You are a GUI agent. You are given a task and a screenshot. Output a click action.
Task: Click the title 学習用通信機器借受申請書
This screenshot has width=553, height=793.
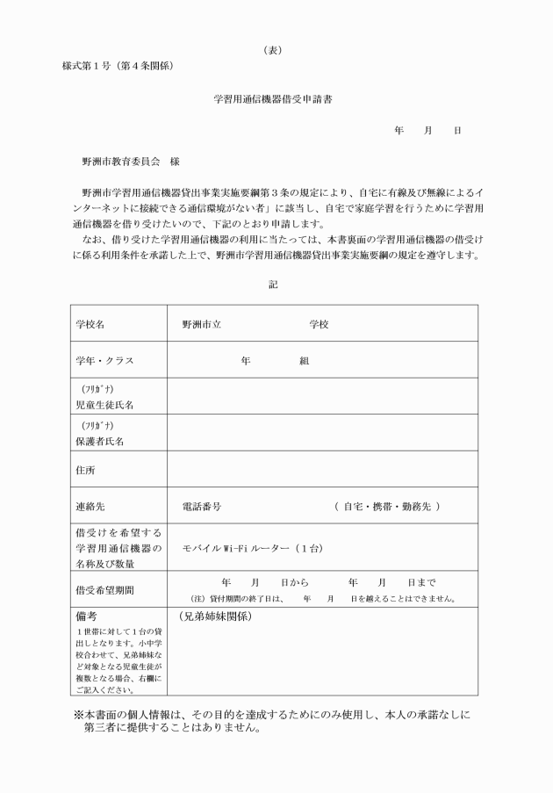tap(273, 98)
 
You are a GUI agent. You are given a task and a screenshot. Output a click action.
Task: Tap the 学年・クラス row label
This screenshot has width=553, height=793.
tap(104, 361)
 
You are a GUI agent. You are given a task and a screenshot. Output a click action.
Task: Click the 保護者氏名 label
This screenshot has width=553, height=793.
tap(99, 442)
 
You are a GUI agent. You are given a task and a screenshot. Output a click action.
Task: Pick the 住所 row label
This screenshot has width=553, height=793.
tap(85, 471)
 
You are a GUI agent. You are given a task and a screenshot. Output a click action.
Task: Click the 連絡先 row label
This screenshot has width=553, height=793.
tap(90, 507)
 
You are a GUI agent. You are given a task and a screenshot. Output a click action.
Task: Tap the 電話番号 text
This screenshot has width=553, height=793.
tap(201, 507)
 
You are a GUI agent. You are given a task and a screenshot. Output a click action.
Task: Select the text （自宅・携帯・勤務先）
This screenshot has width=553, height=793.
tap(387, 507)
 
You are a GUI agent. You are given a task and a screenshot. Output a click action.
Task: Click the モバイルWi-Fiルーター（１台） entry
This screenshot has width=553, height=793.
tap(253, 548)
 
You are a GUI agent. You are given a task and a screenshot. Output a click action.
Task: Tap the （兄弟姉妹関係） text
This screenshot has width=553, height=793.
tap(215, 616)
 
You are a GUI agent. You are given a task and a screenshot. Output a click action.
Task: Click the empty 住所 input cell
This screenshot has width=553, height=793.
tap(322, 471)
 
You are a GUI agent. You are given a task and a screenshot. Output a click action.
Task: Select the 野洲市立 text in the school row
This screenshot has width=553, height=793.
tap(201, 324)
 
